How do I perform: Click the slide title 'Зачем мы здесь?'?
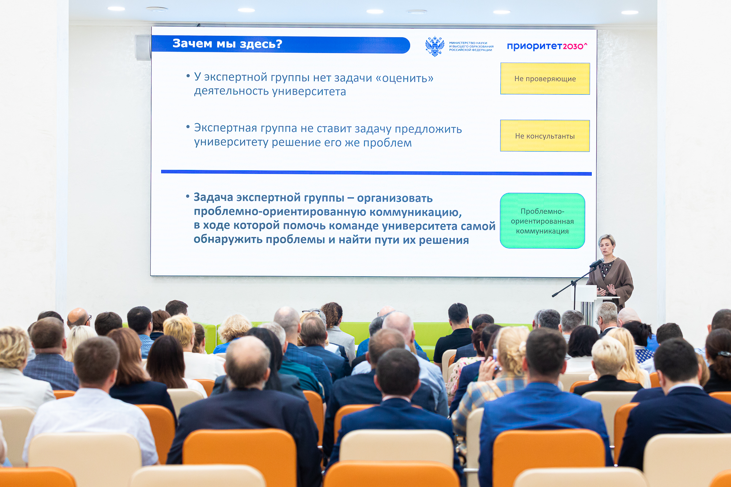click(227, 43)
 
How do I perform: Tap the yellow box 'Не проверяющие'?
click(545, 79)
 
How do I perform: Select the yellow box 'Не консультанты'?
click(545, 136)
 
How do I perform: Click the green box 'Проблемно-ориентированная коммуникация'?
click(542, 221)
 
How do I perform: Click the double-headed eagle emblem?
click(435, 46)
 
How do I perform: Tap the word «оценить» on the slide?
click(405, 78)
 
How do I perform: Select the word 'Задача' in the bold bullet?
click(213, 197)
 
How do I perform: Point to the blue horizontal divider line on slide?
click(376, 172)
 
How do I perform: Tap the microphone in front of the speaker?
click(596, 263)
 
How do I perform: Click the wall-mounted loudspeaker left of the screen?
click(143, 47)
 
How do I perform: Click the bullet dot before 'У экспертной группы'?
click(188, 76)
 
